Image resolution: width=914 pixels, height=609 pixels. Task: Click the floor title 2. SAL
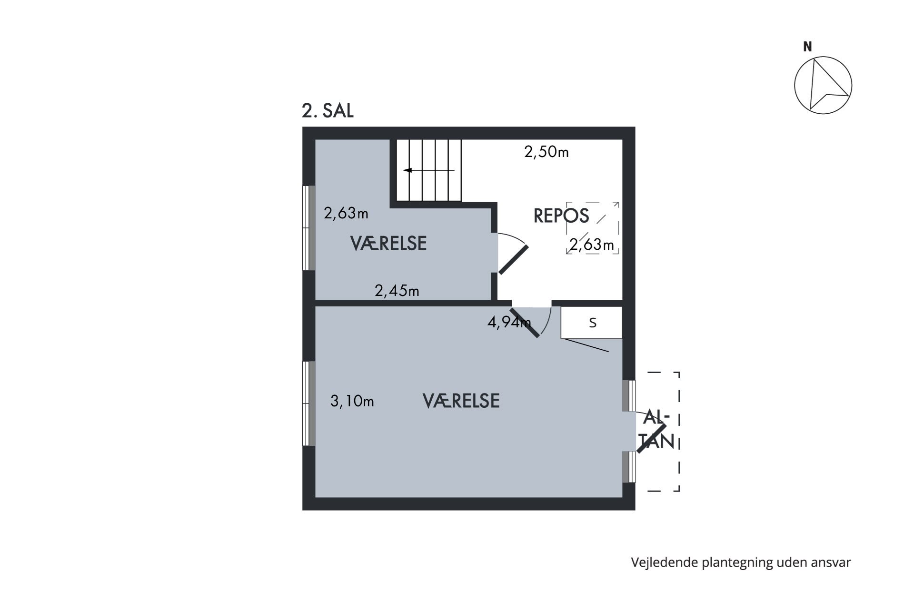(x=328, y=111)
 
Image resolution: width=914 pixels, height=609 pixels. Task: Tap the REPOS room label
(x=561, y=216)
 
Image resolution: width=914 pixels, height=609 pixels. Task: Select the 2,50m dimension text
(x=546, y=152)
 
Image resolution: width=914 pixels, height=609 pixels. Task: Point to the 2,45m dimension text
(x=397, y=290)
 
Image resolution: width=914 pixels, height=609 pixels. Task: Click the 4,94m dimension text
(x=509, y=323)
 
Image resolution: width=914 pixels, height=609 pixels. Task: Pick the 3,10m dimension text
(x=352, y=402)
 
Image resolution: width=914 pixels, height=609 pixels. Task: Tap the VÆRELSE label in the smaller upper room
(x=388, y=244)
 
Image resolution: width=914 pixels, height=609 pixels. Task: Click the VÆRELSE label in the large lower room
(x=461, y=401)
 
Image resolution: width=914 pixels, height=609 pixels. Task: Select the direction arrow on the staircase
(x=429, y=170)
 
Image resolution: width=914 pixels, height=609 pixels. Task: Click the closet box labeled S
(x=592, y=323)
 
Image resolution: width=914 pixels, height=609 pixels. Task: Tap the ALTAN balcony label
(x=657, y=430)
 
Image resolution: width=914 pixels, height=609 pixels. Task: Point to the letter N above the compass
(x=807, y=47)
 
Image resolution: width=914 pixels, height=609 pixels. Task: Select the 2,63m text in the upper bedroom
(x=346, y=213)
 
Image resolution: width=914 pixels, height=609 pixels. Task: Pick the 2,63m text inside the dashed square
(x=592, y=245)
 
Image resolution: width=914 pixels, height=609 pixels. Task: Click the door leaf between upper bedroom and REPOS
(x=514, y=260)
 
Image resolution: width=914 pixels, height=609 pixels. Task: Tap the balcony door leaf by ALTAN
(x=652, y=438)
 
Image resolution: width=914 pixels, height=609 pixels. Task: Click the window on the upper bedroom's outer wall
(x=309, y=228)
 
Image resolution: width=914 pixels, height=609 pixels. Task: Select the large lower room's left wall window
(x=309, y=403)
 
